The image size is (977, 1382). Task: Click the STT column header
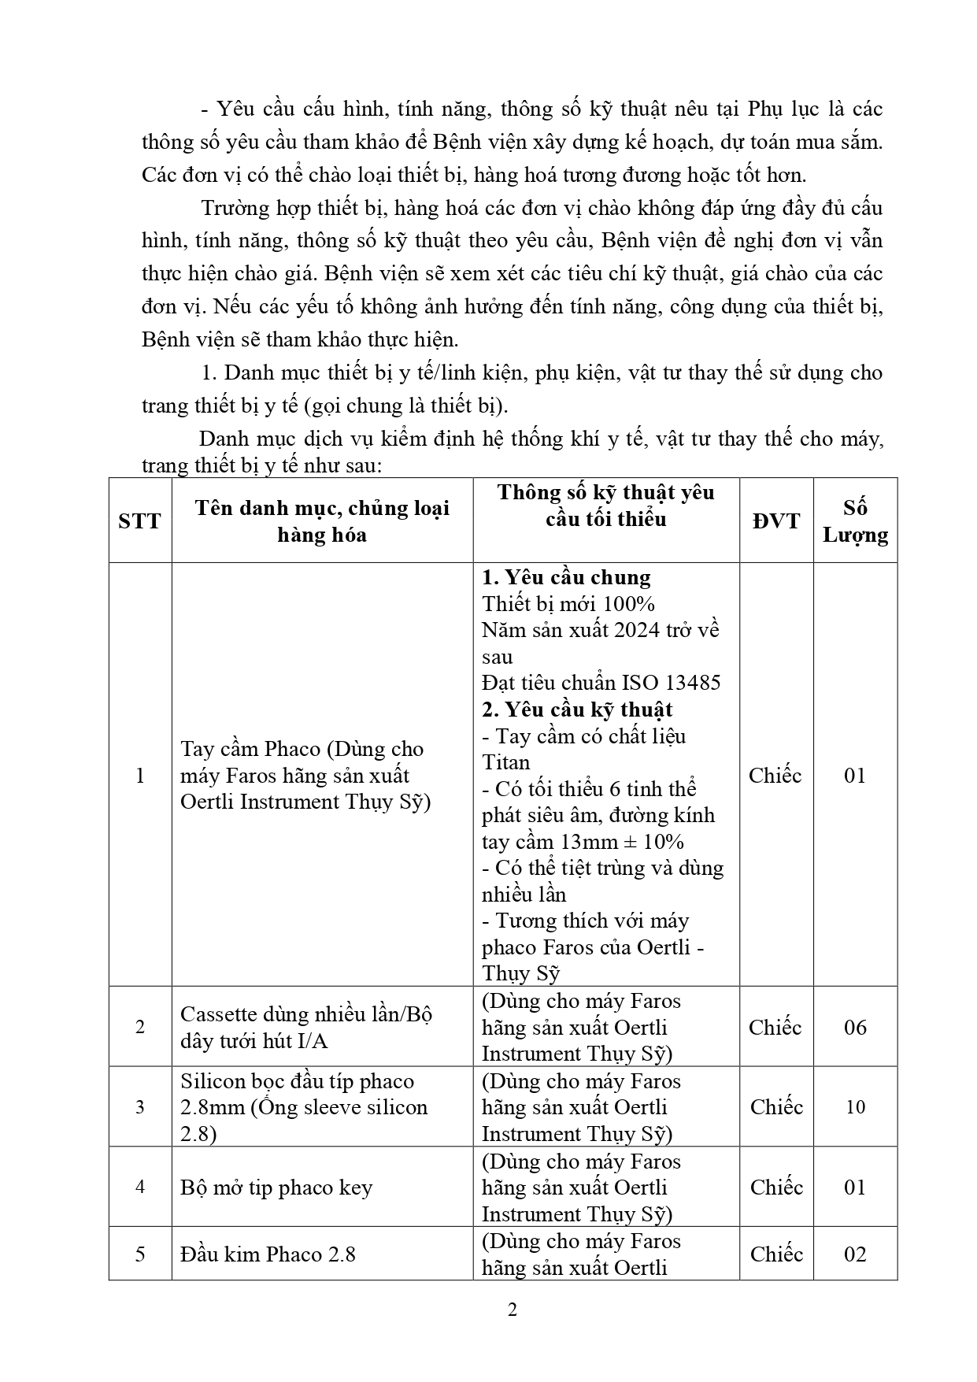139,521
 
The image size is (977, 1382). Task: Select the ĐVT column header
775,521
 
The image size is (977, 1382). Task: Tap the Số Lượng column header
855,521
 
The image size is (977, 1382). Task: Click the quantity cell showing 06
855,1027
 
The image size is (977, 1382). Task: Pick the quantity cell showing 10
855,1107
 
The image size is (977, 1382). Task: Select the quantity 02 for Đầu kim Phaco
855,1254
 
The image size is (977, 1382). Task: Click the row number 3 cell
140,1107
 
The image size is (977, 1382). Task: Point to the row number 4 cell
140,1187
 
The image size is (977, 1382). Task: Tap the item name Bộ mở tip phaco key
276,1187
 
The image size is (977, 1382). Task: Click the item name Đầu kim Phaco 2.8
268,1254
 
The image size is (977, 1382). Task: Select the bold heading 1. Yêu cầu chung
566,577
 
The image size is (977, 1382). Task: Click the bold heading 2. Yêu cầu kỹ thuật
577,710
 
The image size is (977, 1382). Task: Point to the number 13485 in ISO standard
693,683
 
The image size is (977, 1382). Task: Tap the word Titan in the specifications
506,762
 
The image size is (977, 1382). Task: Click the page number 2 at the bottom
512,1310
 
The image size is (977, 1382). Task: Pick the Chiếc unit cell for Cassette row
775,1027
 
